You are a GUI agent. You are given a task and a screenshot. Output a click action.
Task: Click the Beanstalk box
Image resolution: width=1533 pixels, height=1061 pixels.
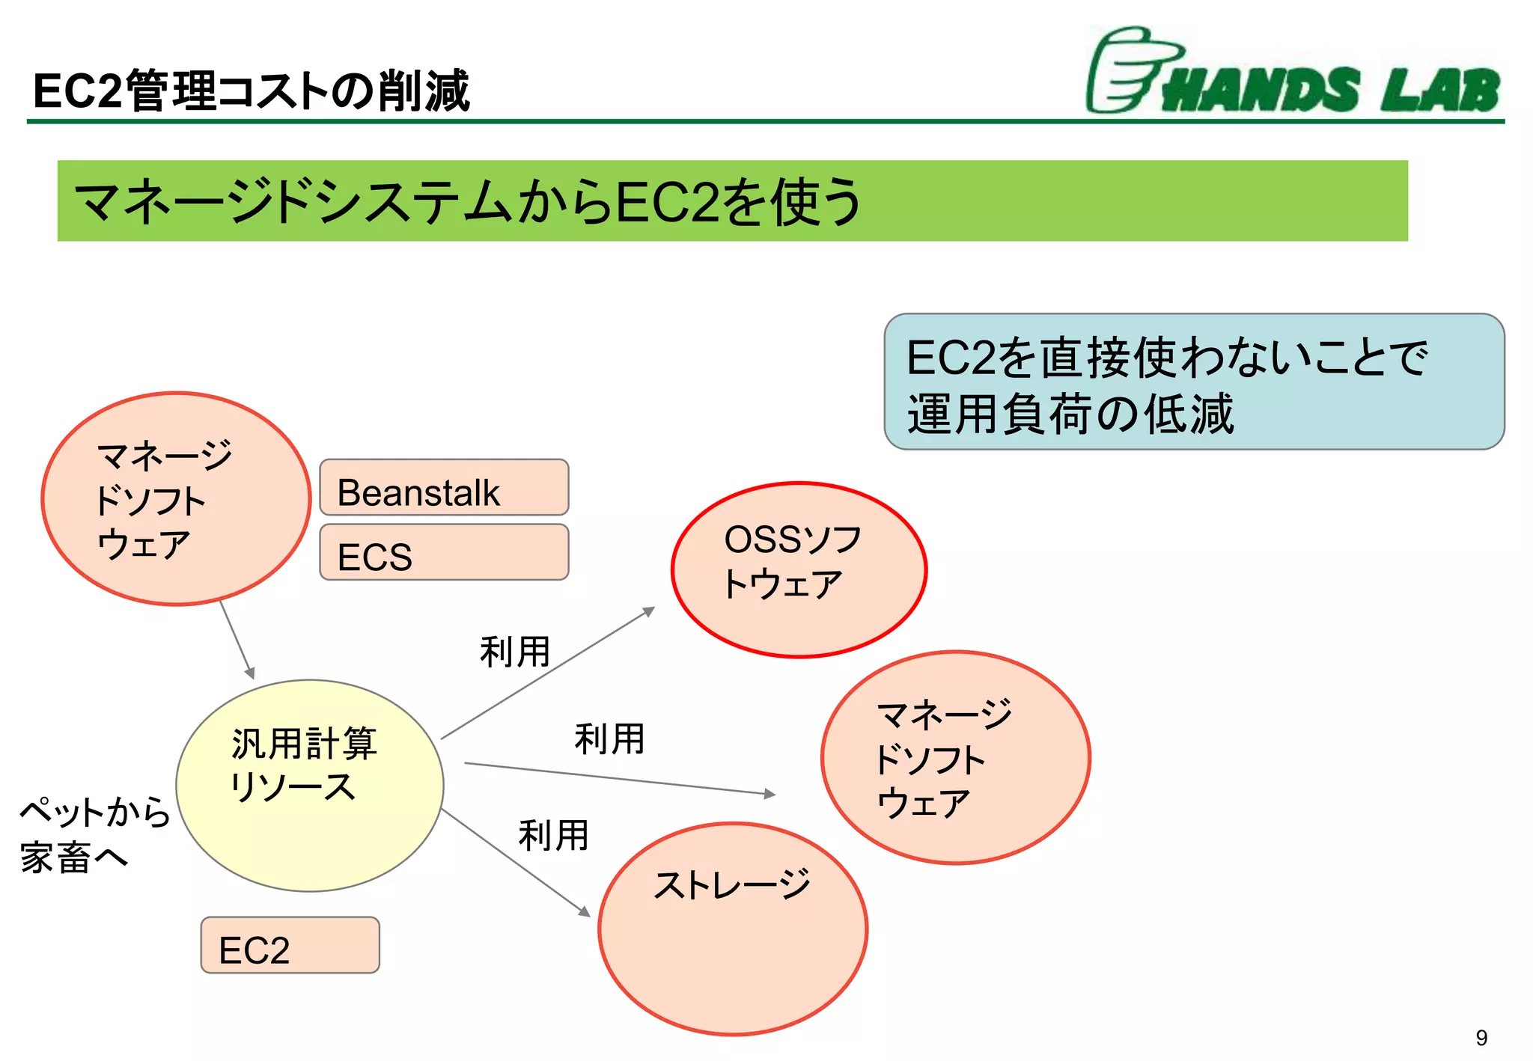pos(444,487)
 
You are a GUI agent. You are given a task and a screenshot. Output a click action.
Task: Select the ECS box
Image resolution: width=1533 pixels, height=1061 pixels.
pos(444,552)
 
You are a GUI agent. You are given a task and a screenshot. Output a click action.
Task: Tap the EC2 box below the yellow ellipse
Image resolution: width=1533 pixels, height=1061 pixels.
pos(290,945)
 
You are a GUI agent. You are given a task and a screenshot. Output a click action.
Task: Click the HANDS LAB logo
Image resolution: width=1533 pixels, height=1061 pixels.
pos(1293,73)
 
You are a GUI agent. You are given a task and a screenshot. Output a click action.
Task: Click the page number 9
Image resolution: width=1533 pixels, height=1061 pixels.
pos(1481,1037)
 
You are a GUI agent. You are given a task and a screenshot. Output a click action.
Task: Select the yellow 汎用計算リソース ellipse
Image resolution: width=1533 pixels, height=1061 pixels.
pos(309,786)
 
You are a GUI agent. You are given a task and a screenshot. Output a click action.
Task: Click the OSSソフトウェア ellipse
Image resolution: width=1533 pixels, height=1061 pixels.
pos(799,569)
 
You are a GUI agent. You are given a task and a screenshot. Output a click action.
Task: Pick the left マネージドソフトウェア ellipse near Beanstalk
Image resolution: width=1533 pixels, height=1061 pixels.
pos(176,498)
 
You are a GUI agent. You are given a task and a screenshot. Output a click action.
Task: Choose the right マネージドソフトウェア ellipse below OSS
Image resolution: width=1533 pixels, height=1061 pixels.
pos(955,757)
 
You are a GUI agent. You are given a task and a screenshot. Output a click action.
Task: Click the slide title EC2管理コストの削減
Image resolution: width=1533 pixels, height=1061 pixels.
pos(252,91)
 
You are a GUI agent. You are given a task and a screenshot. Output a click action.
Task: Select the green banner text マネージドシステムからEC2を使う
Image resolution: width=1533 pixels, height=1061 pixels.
pos(468,201)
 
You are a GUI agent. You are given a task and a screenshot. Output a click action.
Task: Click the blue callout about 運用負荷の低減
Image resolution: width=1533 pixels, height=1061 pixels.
pos(1193,382)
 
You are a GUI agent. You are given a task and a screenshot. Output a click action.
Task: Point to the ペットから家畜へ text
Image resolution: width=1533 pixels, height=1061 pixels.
pos(94,834)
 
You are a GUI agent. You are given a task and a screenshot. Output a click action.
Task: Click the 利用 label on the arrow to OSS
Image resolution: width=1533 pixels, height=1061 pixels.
pos(515,651)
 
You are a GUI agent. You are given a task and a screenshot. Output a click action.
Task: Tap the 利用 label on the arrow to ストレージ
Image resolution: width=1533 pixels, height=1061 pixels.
pos(553,835)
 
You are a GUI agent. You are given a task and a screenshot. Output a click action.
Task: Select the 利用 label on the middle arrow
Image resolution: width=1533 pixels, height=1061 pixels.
pos(609,739)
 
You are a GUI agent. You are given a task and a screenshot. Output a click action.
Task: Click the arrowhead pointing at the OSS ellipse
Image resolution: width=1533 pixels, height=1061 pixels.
pos(650,611)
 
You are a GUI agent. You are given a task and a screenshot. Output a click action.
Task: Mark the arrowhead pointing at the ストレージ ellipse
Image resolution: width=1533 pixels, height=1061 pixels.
pos(584,911)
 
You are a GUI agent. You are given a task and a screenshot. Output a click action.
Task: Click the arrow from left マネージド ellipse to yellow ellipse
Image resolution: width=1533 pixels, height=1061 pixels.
pos(237,639)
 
